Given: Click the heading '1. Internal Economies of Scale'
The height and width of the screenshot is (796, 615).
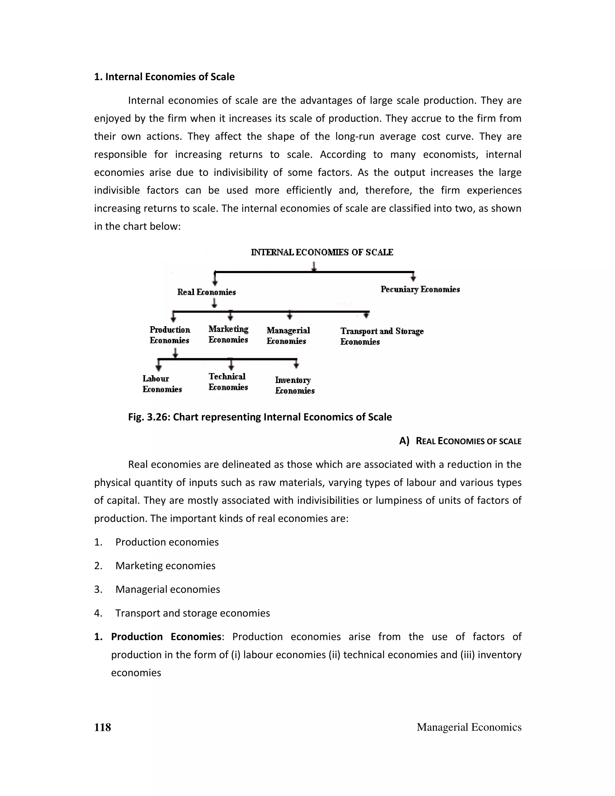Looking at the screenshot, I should point(164,77).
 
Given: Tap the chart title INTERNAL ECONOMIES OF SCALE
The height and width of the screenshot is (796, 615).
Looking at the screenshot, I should point(322,252).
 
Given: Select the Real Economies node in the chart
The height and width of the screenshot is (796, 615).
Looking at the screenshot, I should point(206,292).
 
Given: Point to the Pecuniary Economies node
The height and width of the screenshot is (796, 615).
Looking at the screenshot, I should point(420,289).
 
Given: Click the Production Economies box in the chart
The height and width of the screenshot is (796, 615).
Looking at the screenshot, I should point(170,335).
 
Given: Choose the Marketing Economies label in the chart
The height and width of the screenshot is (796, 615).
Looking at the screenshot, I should point(229,334).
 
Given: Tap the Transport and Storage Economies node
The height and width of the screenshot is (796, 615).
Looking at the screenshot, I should point(382,336).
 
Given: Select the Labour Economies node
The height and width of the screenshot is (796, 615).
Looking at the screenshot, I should point(162,384).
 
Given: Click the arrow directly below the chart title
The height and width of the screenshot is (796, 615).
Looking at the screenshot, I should point(314,266).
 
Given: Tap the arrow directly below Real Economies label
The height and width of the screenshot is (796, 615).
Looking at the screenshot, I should point(215,303).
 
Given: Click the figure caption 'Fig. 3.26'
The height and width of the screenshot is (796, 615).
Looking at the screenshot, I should point(260,417).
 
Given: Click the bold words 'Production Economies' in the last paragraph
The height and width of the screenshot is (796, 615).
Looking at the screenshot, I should point(166,637).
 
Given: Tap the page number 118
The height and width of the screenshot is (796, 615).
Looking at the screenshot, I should point(102,727).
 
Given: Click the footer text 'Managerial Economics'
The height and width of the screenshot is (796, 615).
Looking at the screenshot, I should point(469,727).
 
